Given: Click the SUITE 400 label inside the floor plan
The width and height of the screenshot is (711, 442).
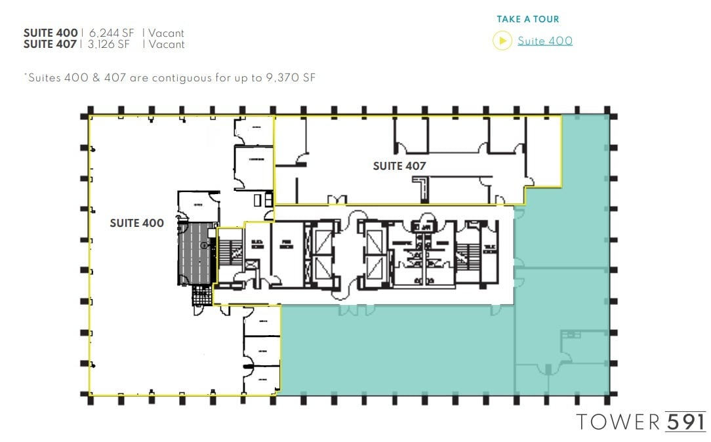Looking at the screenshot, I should [136, 223].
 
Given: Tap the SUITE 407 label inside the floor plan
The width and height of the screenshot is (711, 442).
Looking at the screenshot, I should [399, 166].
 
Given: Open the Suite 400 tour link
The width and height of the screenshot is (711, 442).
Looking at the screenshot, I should [544, 41].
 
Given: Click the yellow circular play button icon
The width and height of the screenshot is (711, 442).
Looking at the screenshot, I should [502, 41].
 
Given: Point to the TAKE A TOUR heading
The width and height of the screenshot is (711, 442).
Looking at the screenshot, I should [527, 19].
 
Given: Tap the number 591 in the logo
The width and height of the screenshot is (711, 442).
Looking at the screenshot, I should [685, 422].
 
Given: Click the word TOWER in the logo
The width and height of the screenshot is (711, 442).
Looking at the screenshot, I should [619, 422].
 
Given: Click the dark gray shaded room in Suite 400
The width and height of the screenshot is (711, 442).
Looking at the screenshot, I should [196, 253].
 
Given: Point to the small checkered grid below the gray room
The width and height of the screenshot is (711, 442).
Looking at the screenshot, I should [201, 297].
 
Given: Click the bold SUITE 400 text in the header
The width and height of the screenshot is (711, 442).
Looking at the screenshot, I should [51, 33].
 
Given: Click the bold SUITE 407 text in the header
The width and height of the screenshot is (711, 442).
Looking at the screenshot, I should [51, 45].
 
